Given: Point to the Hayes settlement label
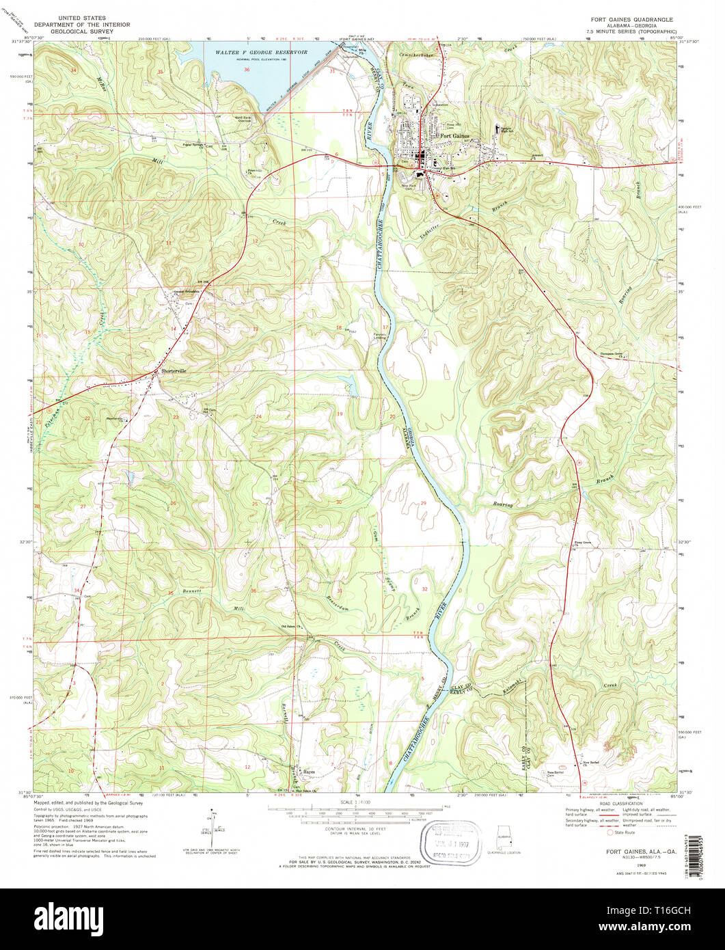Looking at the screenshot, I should coord(305,770).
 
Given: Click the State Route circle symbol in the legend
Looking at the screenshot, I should coord(610,832).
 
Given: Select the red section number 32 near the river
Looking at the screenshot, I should coord(424,588).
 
